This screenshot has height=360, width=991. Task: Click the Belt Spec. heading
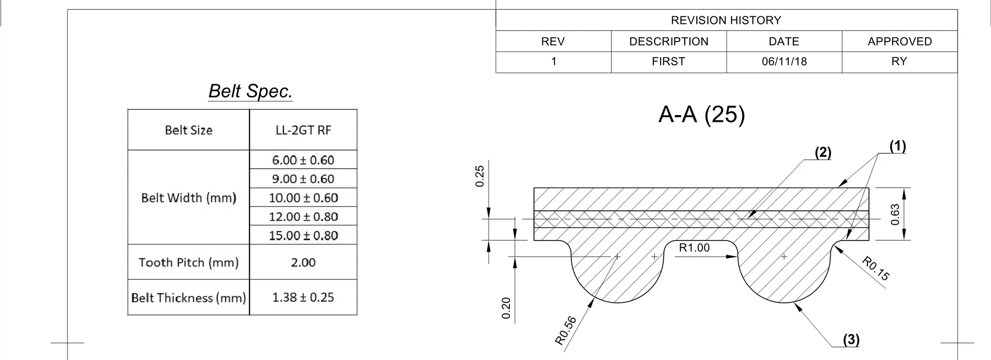click(x=251, y=91)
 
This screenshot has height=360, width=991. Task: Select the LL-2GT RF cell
click(x=303, y=130)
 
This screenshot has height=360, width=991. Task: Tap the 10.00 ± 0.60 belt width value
click(x=303, y=198)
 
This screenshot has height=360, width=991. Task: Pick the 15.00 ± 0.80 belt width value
click(x=303, y=235)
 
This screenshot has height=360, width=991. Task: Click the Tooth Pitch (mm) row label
click(x=188, y=263)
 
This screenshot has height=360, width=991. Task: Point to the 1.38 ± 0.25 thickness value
click(x=303, y=297)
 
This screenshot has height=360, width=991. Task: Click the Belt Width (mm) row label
click(x=188, y=198)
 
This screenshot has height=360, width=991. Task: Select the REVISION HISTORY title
click(x=726, y=20)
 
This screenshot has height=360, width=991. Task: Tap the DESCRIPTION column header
click(x=669, y=42)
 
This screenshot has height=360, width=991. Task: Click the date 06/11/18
click(x=784, y=61)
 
